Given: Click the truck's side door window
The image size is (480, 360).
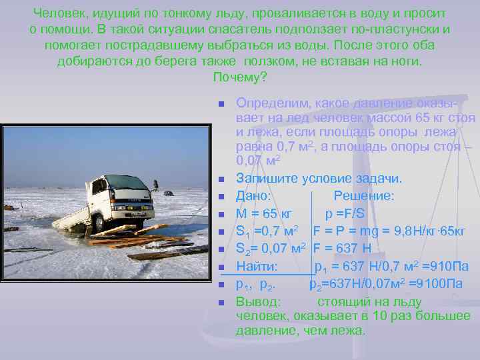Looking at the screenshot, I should (x=100, y=187).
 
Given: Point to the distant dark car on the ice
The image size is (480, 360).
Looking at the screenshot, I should (x=168, y=193).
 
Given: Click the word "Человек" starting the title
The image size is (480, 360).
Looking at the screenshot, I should (x=59, y=13).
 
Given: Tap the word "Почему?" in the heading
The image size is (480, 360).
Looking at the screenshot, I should (x=240, y=77).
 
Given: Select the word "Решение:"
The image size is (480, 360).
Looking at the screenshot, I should (x=363, y=196).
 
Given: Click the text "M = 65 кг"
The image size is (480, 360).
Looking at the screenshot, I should (x=264, y=214).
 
